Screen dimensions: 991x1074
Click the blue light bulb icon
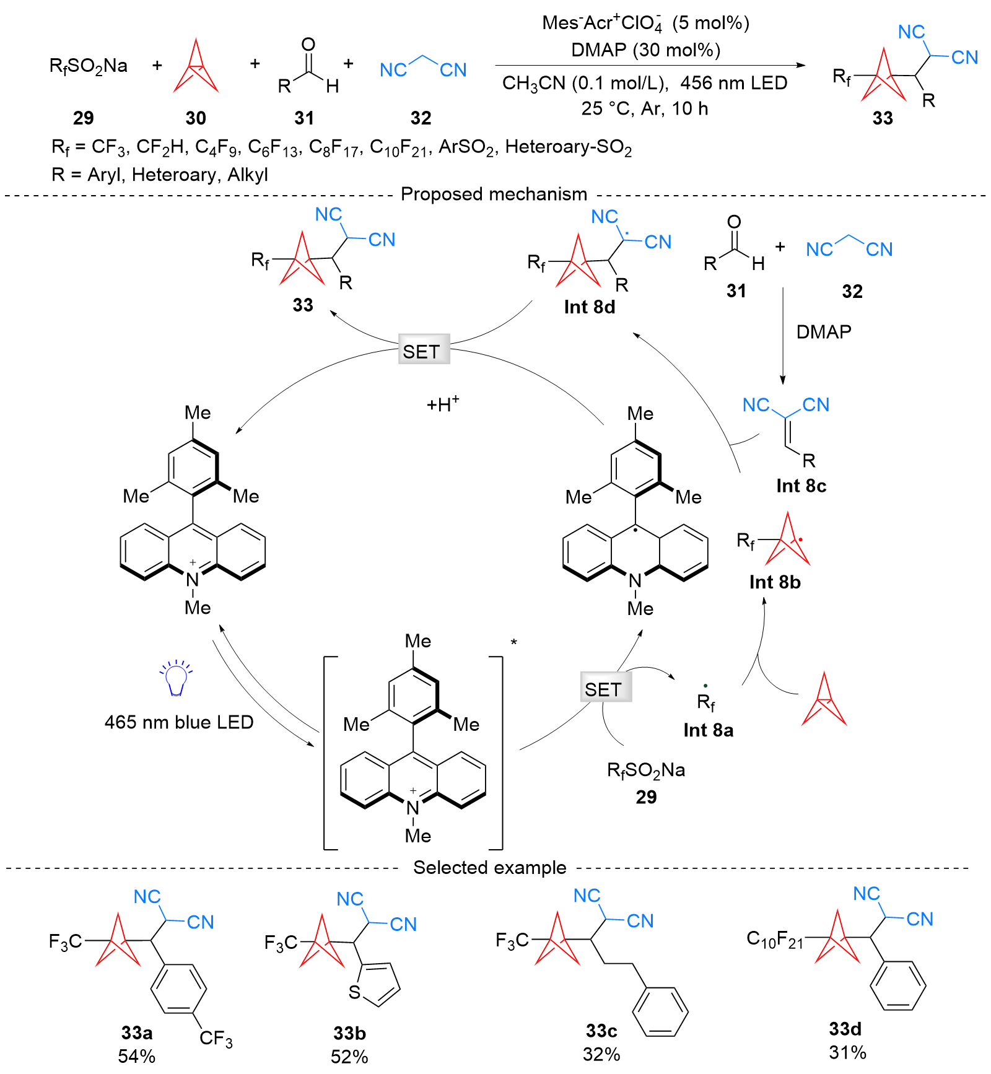177,679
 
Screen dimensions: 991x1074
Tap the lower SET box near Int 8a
606,687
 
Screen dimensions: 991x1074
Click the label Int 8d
589,307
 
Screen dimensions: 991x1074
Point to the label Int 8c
801,486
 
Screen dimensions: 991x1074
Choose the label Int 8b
774,582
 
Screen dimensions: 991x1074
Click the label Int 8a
708,730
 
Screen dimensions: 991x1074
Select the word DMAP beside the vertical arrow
823,332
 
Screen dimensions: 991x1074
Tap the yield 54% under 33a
136,1056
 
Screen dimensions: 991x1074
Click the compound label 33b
349,1033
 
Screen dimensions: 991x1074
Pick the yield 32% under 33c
601,1054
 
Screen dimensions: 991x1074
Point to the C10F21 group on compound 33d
775,940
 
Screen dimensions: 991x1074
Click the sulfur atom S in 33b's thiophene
354,992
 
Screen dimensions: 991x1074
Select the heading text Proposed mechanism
494,194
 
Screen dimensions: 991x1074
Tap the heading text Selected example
489,867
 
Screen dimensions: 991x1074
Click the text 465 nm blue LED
179,722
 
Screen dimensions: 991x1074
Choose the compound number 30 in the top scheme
196,118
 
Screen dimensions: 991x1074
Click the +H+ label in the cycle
443,404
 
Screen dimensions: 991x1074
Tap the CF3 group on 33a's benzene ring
216,1039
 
